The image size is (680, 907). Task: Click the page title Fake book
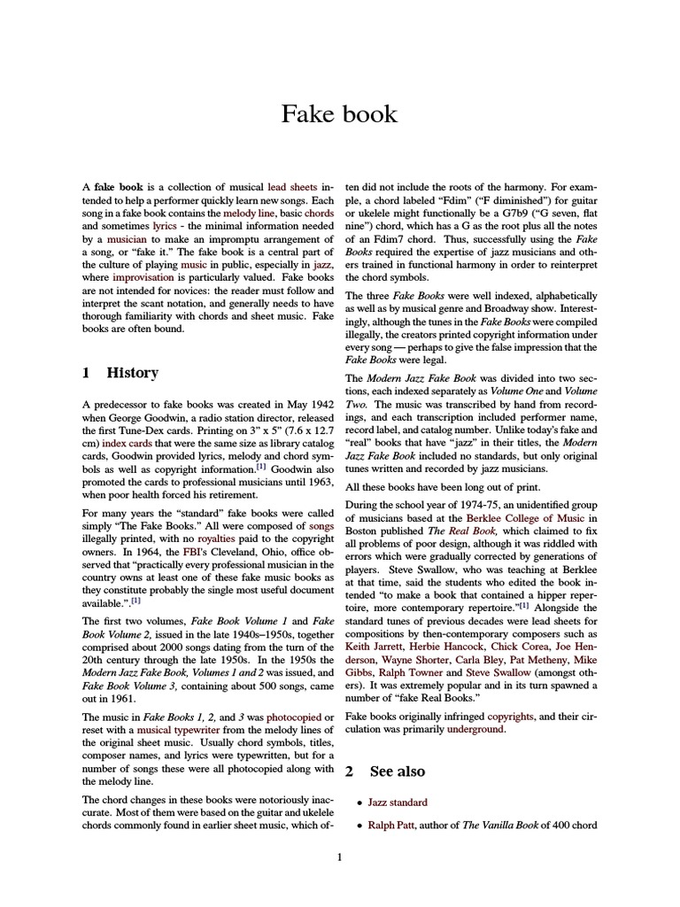pyautogui.click(x=339, y=113)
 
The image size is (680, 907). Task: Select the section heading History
pyautogui.click(x=132, y=373)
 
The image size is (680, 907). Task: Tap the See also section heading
pyautogui.click(x=397, y=771)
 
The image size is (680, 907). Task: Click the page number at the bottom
pyautogui.click(x=340, y=857)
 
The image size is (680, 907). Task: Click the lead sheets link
pyautogui.click(x=295, y=189)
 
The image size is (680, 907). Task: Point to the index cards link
pyautogui.click(x=126, y=442)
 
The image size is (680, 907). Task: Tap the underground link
pyautogui.click(x=476, y=729)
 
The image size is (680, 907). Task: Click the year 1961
pyautogui.click(x=121, y=695)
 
